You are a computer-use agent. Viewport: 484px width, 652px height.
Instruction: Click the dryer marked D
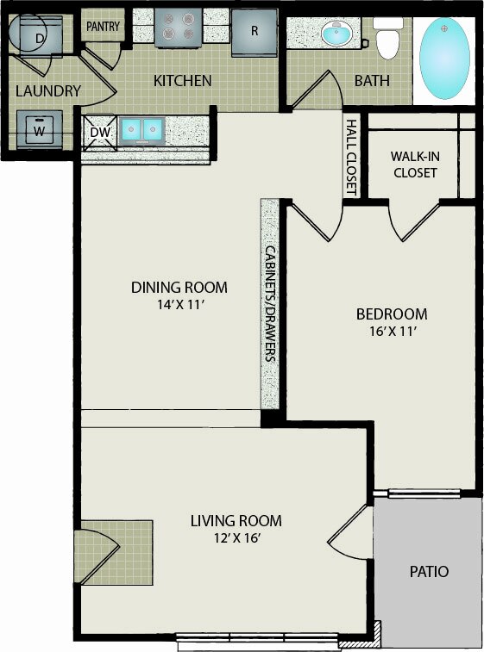40,36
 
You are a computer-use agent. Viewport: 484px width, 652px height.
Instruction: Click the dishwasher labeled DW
100,133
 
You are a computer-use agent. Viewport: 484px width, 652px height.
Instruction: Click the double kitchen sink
141,129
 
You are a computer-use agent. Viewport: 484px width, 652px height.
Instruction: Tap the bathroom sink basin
336,33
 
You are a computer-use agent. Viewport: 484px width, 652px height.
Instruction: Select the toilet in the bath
387,38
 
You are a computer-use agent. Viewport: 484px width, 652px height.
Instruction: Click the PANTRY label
103,27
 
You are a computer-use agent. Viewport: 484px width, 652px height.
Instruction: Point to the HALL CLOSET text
352,157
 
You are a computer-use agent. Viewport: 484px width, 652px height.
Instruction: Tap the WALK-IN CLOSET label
415,165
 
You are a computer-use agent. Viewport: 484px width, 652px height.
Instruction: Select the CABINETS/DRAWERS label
270,303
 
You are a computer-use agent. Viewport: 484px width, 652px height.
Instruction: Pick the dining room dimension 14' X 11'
180,306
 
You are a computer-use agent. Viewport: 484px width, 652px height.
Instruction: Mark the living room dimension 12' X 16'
237,538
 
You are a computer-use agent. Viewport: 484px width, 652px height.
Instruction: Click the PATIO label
429,572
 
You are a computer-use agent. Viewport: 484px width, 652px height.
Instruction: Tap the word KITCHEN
182,81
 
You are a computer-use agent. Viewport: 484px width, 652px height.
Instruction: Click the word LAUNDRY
48,91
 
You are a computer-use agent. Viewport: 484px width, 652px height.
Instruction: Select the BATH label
372,81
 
